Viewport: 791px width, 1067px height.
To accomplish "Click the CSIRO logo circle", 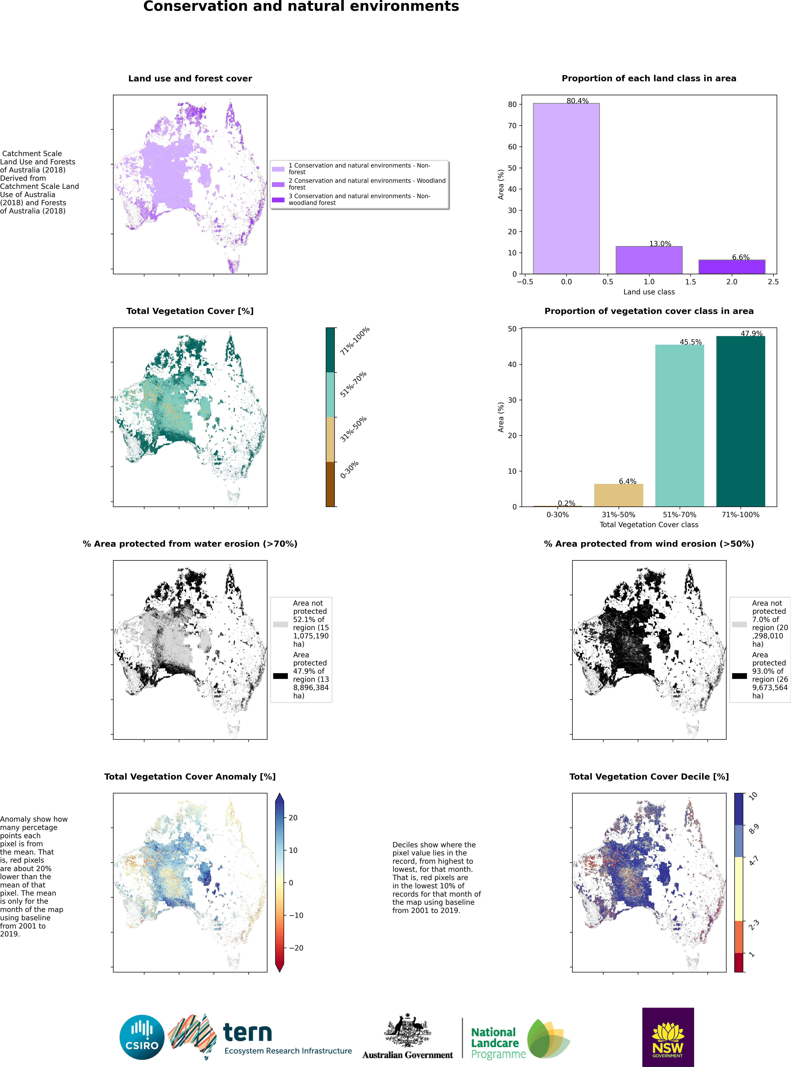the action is pos(142,1037).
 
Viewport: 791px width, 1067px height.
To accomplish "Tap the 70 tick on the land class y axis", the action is pos(512,125).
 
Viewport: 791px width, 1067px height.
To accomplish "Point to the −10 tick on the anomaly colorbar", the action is pos(296,915).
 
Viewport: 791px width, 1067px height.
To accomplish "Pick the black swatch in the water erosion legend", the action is pos(280,676).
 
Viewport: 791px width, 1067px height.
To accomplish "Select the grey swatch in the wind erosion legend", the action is pos(739,624).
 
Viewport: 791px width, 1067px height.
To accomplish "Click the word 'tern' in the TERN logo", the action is pos(248,1033).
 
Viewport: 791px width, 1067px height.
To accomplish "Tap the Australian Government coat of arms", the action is pos(407,1030).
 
